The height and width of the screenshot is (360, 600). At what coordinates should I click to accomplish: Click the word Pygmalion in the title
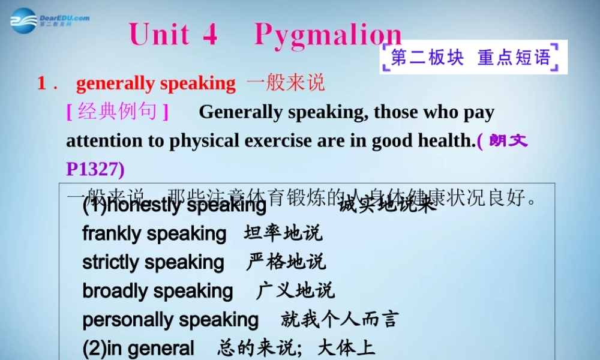point(328,34)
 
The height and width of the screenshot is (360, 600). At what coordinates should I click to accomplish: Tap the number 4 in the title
point(209,34)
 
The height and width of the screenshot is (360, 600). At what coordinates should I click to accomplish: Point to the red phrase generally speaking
point(155,83)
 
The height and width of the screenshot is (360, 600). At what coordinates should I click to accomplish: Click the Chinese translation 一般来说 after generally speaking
point(286,83)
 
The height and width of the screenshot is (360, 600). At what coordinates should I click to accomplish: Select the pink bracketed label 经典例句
point(118,112)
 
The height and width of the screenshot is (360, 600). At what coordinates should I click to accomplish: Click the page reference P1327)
point(95,169)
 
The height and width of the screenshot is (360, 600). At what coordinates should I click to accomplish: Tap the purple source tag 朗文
point(508,141)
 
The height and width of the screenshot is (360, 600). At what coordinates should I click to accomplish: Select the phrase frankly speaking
point(154,233)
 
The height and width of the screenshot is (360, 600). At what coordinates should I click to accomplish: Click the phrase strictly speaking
point(153,262)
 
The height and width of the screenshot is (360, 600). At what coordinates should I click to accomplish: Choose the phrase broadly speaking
point(157,291)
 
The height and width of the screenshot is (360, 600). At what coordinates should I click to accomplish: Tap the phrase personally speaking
point(170,320)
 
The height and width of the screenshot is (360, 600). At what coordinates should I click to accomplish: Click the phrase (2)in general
point(139,349)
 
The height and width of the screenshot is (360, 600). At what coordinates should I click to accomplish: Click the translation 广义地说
point(295,291)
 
